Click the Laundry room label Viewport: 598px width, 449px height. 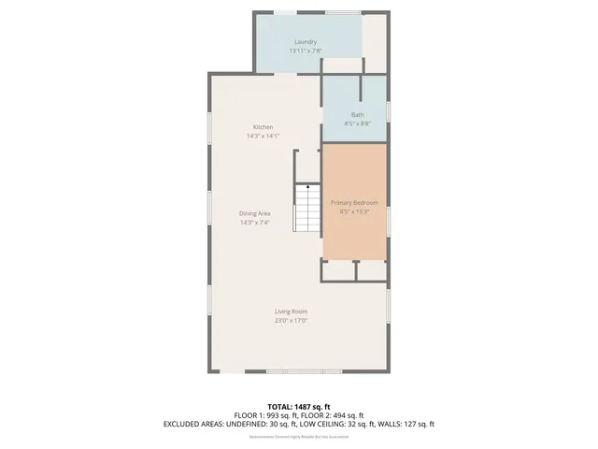click(305, 42)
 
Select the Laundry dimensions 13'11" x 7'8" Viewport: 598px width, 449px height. click(305, 51)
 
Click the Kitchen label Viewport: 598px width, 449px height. click(263, 127)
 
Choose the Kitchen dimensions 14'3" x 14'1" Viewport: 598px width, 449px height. click(263, 136)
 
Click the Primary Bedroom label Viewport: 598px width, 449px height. click(354, 202)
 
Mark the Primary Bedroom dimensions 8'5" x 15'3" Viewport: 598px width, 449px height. click(354, 210)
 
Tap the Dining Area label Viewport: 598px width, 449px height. click(255, 213)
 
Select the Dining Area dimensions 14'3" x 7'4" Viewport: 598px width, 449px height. click(255, 222)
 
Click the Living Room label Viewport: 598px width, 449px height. click(291, 311)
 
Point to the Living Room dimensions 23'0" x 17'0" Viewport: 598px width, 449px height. click(291, 320)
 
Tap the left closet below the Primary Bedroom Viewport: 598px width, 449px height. click(338, 269)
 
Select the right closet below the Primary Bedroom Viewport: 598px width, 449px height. click(372, 269)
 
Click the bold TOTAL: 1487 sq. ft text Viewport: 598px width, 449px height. click(298, 405)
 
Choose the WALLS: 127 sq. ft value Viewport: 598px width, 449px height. click(406, 424)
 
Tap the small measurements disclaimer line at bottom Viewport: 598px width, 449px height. click(298, 437)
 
